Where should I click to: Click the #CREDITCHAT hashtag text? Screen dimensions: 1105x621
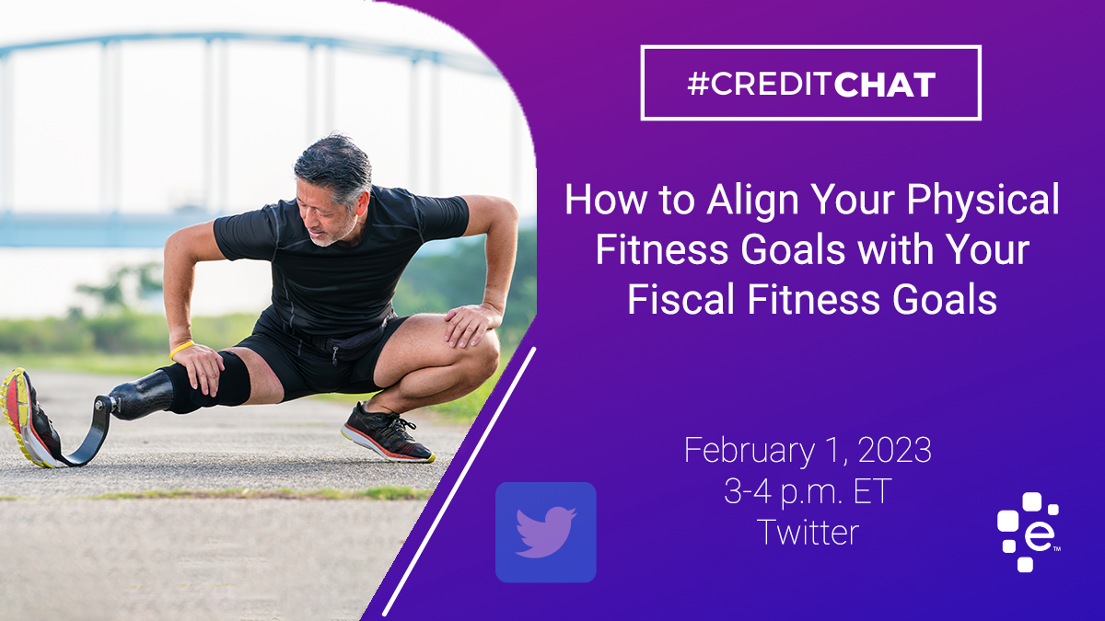point(811,85)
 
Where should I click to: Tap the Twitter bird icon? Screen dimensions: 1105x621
point(545,533)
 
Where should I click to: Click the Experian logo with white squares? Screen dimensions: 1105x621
point(1029,533)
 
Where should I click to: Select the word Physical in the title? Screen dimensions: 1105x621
point(983,199)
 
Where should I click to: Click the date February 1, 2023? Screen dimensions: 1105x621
point(808,450)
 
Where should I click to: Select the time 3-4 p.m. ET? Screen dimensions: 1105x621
point(808,492)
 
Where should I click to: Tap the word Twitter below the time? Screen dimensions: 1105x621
point(808,533)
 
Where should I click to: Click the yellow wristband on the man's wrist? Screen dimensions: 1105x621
point(181,349)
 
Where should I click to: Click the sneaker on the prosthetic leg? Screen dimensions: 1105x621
point(29,419)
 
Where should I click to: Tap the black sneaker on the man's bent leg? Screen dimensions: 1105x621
point(388,433)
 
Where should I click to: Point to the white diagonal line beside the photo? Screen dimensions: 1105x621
point(459,481)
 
